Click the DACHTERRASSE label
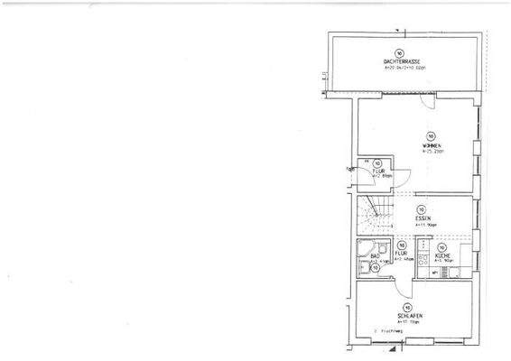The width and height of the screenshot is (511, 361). pyautogui.click(x=401, y=60)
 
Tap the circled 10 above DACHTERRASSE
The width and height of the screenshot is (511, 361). pyautogui.click(x=400, y=52)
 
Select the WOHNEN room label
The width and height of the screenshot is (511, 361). pyautogui.click(x=431, y=145)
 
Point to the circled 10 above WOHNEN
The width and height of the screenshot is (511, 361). pyautogui.click(x=431, y=135)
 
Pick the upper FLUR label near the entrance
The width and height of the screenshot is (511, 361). pyautogui.click(x=381, y=170)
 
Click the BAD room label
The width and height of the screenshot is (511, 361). pyautogui.click(x=359, y=256)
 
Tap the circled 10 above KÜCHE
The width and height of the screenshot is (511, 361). pyautogui.click(x=442, y=246)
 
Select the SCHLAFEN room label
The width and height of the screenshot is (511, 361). pyautogui.click(x=408, y=315)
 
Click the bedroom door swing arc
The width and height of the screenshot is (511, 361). pyautogui.click(x=402, y=290)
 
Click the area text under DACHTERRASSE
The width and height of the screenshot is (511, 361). pyautogui.click(x=401, y=67)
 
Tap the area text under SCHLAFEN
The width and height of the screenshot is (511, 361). pyautogui.click(x=408, y=321)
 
